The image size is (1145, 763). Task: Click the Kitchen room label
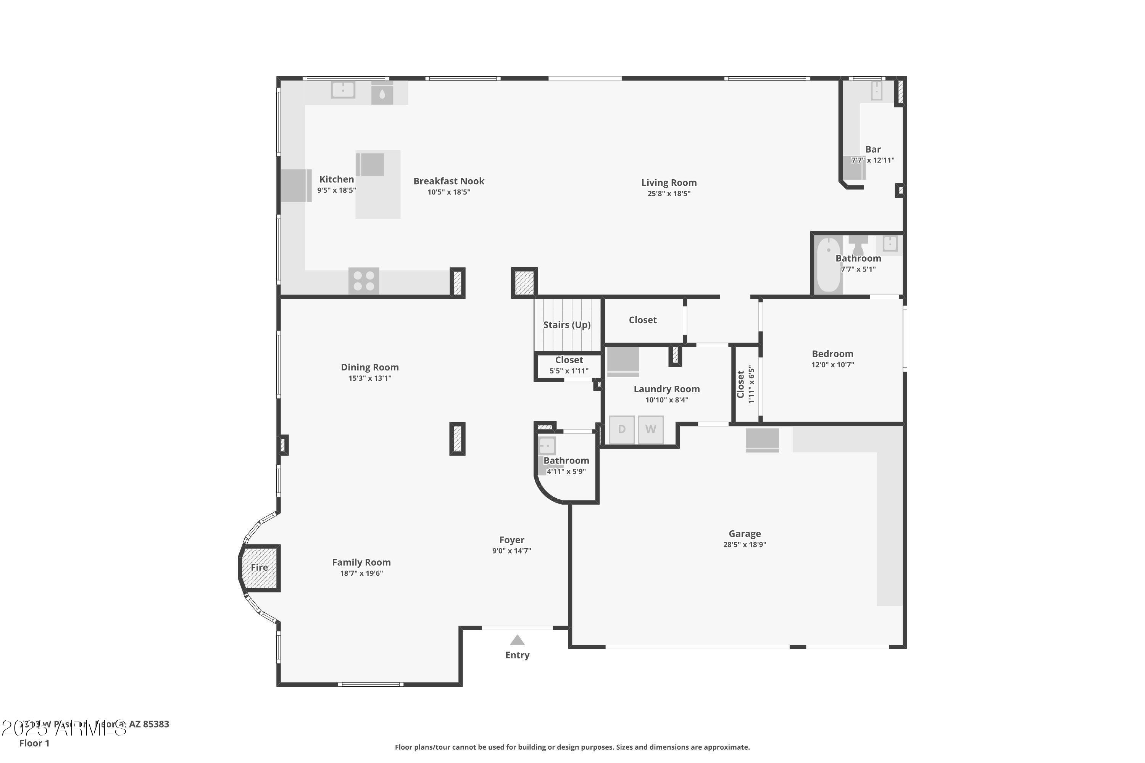click(x=336, y=179)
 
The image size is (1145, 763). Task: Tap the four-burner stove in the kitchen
click(x=364, y=281)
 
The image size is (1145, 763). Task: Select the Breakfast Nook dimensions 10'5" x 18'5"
click(x=448, y=192)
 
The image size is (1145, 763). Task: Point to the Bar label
click(x=872, y=150)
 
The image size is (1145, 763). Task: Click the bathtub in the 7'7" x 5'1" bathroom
click(x=829, y=264)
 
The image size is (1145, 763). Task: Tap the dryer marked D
click(x=622, y=429)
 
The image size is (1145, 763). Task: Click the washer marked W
click(x=650, y=429)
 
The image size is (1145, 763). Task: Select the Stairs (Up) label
click(x=567, y=325)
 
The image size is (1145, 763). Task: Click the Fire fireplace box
click(x=260, y=567)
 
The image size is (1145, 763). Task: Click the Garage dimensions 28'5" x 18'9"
click(x=744, y=544)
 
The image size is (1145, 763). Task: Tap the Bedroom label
click(x=832, y=354)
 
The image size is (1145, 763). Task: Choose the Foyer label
click(x=512, y=540)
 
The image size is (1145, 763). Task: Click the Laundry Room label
click(x=666, y=389)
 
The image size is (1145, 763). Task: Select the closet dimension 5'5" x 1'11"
click(x=569, y=371)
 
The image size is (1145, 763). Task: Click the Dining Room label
click(x=369, y=367)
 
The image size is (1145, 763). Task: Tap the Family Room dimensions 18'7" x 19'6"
click(x=361, y=573)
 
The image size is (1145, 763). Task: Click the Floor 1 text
click(x=34, y=743)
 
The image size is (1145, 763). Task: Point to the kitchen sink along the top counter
click(x=343, y=90)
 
